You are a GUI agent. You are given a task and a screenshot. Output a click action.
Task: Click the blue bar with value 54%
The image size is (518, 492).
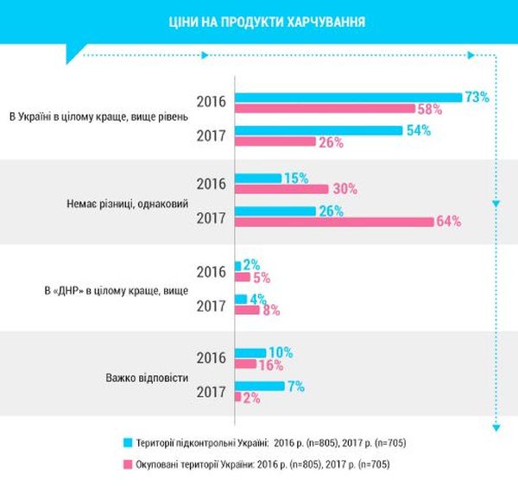(x=319, y=130)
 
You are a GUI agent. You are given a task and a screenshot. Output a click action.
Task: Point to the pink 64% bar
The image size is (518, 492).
(x=334, y=222)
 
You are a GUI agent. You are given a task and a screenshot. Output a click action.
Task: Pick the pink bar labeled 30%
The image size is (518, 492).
(x=281, y=189)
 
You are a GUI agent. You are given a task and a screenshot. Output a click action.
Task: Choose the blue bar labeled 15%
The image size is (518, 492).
(x=258, y=178)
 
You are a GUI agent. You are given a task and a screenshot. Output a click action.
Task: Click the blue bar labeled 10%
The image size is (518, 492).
(x=250, y=352)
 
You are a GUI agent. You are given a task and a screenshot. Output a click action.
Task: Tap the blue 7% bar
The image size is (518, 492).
(x=260, y=386)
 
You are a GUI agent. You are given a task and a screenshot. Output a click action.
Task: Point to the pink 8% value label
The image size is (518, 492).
(x=271, y=310)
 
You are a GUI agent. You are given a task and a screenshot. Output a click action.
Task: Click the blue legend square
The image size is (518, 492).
(x=128, y=442)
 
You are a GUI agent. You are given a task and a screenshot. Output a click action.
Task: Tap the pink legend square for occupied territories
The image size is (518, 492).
(x=128, y=464)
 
